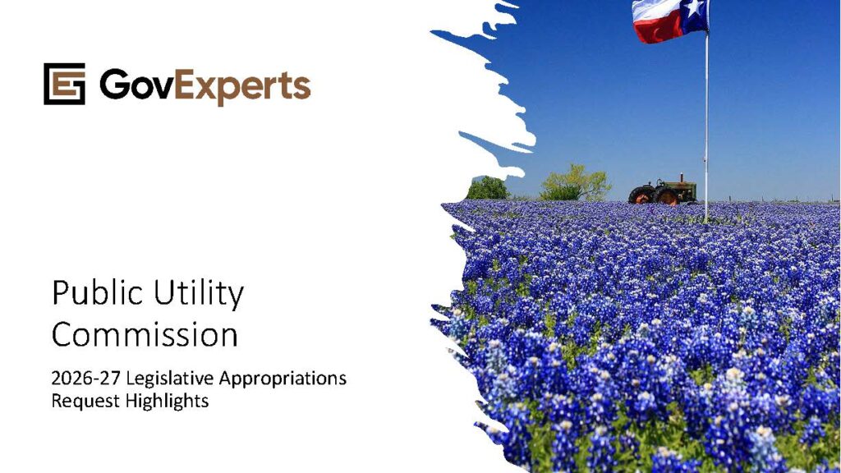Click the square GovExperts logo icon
[x=64, y=84]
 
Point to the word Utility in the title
[x=199, y=294]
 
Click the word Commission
[x=145, y=335]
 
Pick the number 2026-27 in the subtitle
[x=86, y=378]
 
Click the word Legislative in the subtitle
[x=170, y=379]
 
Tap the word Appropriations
[x=283, y=379]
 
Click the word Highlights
[x=168, y=401]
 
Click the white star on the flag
[x=695, y=7]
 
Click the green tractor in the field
[x=663, y=191]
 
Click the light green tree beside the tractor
[x=575, y=183]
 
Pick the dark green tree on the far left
[x=487, y=188]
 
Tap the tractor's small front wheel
[x=641, y=195]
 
